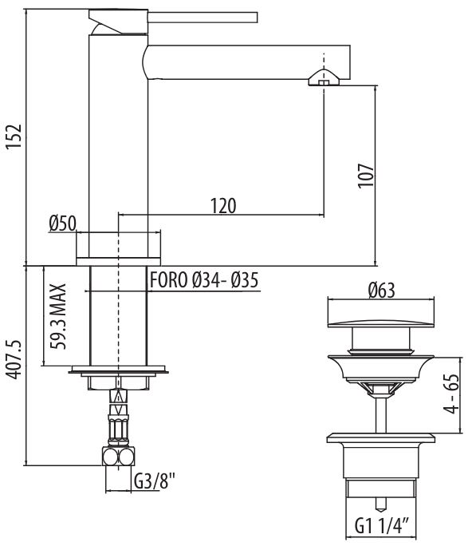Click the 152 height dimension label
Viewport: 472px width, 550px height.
[14, 136]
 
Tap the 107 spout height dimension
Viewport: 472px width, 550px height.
[366, 176]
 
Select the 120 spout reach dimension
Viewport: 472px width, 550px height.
[223, 206]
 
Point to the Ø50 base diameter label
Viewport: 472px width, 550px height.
[62, 224]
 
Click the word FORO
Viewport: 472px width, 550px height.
[168, 280]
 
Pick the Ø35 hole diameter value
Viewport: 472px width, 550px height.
[245, 280]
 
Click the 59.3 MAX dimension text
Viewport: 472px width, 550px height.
[58, 316]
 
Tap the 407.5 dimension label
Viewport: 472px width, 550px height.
[14, 359]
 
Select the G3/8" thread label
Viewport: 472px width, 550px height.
[154, 481]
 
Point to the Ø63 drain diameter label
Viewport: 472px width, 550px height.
[381, 290]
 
